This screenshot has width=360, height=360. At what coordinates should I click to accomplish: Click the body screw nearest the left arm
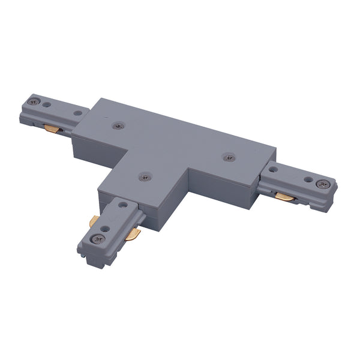[x=118, y=126]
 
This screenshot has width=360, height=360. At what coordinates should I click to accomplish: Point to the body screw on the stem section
[x=143, y=176]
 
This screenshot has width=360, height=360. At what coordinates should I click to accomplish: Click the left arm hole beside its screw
[x=62, y=107]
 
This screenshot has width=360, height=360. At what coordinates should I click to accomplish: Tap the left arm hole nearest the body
[x=77, y=112]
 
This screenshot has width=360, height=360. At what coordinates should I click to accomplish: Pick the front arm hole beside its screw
[x=108, y=229]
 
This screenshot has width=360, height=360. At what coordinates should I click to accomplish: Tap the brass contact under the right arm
[x=286, y=196]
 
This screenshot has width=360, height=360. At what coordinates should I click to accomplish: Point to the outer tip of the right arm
[x=334, y=193]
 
